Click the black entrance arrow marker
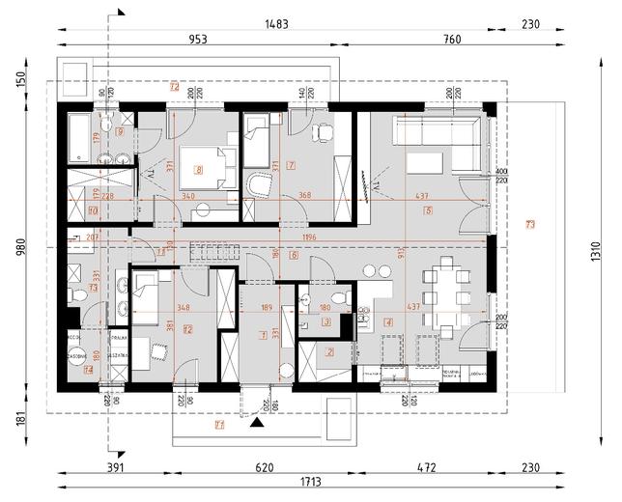tap(256, 422)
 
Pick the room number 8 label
tap(199, 170)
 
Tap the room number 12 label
tap(187, 330)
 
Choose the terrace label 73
tap(529, 225)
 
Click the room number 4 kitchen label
tap(388, 321)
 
